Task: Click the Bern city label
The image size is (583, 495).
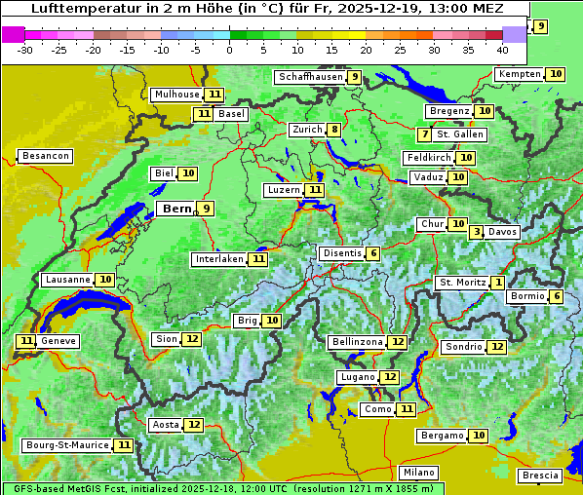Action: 176,209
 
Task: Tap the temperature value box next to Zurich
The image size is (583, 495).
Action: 334,130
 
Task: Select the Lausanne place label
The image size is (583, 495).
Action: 67,280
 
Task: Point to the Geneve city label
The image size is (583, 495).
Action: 58,341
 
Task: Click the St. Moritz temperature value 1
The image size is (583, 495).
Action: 498,283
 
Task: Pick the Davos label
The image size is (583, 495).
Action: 502,232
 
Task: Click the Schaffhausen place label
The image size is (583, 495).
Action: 309,77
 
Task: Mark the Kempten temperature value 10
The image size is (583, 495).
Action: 556,74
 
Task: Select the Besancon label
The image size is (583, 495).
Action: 45,156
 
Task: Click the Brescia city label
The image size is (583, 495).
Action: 540,476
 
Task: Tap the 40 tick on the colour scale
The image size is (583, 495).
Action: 502,49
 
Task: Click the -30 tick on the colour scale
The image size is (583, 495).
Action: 25,49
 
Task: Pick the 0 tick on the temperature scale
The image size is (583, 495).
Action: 229,49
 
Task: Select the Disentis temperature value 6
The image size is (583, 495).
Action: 373,253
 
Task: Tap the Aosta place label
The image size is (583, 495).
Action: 166,425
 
